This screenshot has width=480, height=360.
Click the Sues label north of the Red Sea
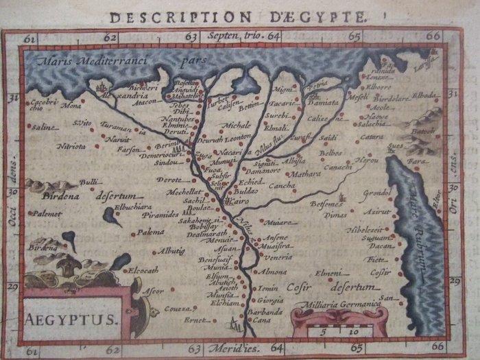(394, 146)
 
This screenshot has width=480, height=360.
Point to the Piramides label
(161, 215)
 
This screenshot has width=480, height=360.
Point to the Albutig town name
(171, 251)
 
